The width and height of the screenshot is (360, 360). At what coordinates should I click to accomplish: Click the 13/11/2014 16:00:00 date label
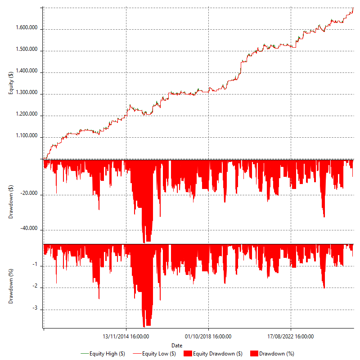coord(126,336)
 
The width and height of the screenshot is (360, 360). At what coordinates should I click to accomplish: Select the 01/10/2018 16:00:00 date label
coord(208,336)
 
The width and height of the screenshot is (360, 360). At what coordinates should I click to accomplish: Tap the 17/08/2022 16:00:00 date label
coord(291,336)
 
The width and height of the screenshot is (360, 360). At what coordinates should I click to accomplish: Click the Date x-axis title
coord(177,345)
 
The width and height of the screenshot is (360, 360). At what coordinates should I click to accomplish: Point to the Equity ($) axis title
coord(11,83)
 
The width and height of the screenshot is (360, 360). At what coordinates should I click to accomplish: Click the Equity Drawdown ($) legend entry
coord(214,354)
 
